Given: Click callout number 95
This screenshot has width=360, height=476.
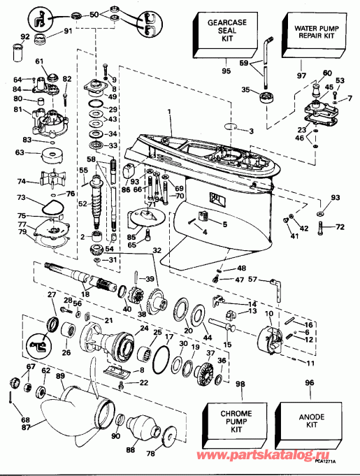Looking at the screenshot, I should [x=225, y=71].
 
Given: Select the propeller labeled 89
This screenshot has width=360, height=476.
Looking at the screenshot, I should [x=66, y=412].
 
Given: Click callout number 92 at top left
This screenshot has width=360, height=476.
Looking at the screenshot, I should [x=26, y=37].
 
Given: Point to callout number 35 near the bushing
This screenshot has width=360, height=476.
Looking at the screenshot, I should [x=245, y=89].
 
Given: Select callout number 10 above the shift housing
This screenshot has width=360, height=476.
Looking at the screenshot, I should [x=266, y=315].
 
